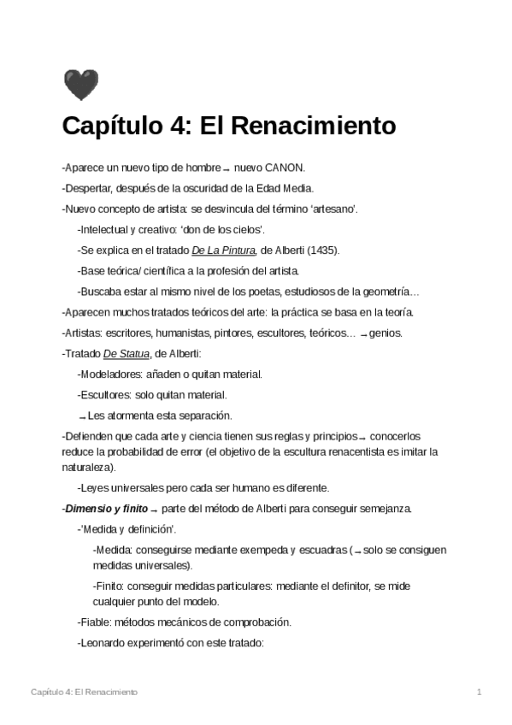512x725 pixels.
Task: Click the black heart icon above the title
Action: pyautogui.click(x=80, y=85)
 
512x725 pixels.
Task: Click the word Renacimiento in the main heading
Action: pyautogui.click(x=315, y=126)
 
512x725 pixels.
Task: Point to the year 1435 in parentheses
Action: pyautogui.click(x=321, y=250)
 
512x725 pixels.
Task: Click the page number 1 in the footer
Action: pyautogui.click(x=480, y=691)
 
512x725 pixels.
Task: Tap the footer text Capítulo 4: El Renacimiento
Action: pyautogui.click(x=84, y=691)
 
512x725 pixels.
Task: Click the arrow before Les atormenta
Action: pyautogui.click(x=82, y=416)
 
